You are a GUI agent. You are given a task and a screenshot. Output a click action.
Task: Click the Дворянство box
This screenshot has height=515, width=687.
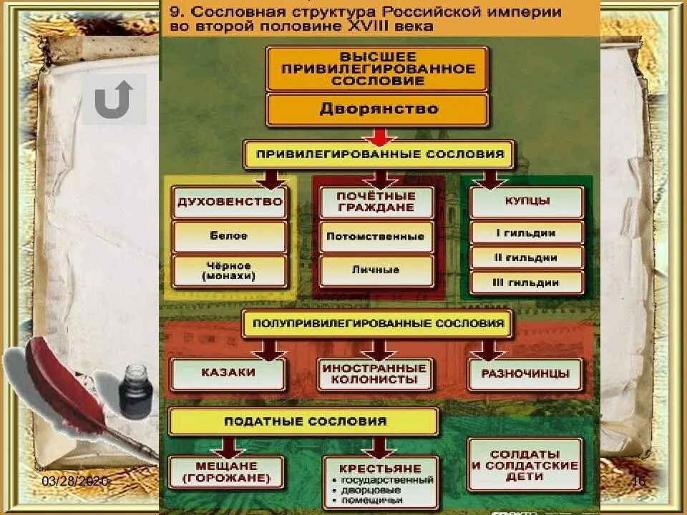(x=377, y=109)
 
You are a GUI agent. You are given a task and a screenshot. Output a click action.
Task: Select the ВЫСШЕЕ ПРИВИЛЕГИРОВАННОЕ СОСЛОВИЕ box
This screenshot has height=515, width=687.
(x=377, y=69)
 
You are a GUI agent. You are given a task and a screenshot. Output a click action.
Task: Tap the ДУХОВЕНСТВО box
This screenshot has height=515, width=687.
(x=230, y=202)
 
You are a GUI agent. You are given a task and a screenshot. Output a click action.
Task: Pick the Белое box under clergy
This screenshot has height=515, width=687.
(x=230, y=236)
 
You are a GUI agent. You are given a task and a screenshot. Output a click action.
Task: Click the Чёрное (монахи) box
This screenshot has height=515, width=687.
(x=230, y=271)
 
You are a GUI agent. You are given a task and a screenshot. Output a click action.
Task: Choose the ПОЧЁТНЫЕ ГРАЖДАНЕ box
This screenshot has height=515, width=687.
(x=376, y=202)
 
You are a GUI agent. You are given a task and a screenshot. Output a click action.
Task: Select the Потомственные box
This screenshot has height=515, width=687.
(x=376, y=236)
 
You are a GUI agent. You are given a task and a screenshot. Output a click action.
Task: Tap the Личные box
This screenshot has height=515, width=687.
(x=376, y=270)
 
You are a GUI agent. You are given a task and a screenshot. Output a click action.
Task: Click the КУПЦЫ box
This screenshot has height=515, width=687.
(x=526, y=202)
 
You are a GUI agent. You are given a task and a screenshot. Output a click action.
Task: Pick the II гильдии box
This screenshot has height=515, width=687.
(x=526, y=257)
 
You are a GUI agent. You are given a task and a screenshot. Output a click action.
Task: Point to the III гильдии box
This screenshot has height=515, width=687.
(x=526, y=283)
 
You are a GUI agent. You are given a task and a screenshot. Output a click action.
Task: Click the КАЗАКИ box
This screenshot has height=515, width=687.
(x=228, y=373)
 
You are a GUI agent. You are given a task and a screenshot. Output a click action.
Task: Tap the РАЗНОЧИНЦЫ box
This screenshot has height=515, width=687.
(x=525, y=373)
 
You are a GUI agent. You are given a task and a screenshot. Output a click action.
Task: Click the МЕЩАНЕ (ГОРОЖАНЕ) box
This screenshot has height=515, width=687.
(x=225, y=471)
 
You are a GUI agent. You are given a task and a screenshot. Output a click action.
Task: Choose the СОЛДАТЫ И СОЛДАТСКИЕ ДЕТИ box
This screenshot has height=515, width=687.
(x=525, y=465)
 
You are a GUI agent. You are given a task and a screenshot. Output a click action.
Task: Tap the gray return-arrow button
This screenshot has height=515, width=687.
(x=114, y=99)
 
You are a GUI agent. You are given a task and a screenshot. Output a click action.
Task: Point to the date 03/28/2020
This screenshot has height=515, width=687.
(x=75, y=481)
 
